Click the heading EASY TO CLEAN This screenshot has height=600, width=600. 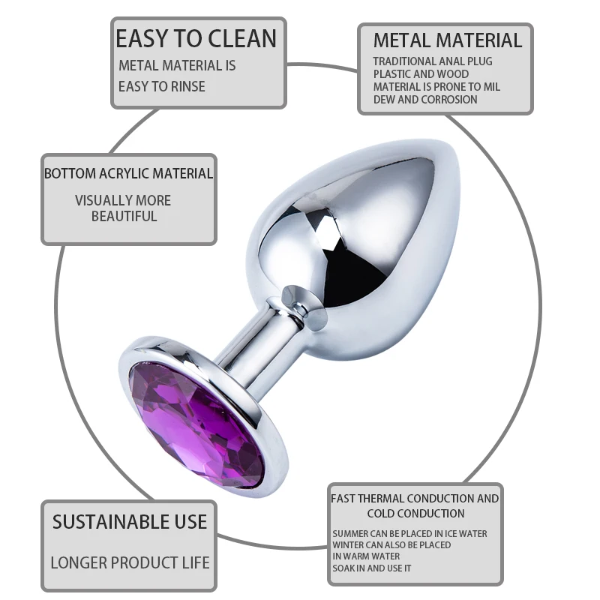pos(196,38)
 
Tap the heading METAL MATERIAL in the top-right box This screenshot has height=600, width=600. pos(447,40)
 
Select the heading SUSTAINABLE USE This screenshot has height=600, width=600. pos(129,522)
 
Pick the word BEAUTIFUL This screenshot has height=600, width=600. pos(124,217)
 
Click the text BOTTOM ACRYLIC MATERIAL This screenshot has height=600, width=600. pos(128,173)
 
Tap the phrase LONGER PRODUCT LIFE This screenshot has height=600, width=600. pos(129,562)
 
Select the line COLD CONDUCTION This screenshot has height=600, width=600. pos(415,514)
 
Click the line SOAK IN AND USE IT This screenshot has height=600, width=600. pos(371,568)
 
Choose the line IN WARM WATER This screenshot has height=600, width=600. pos(366,556)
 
